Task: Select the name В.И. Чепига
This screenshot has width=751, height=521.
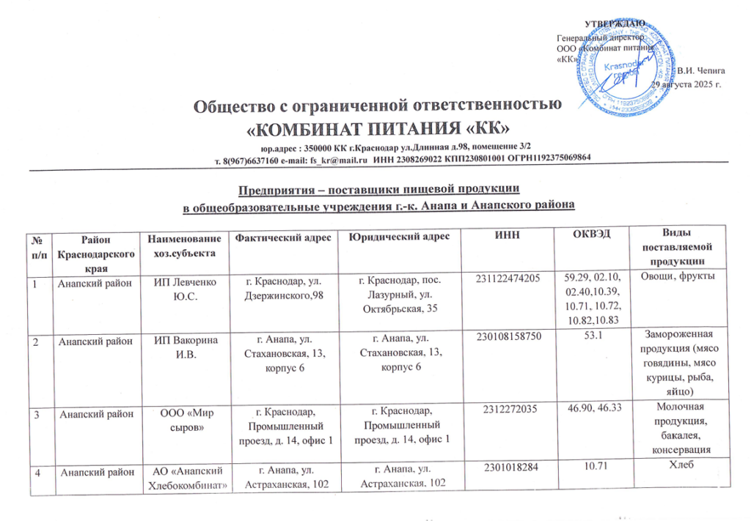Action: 702,71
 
